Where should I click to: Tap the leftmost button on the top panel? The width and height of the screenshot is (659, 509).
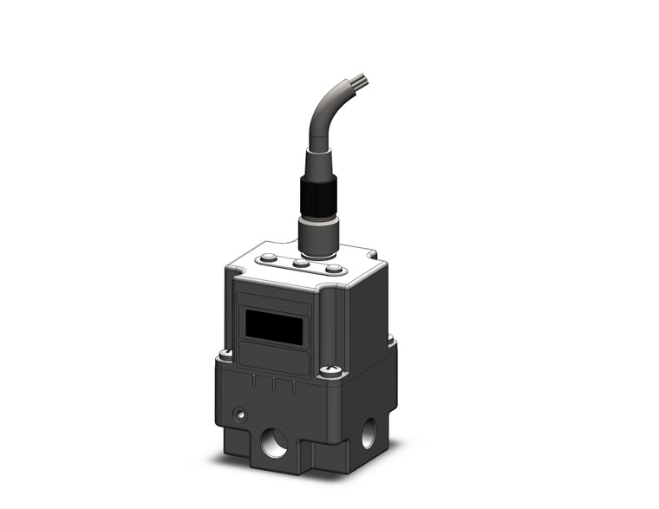pos(269,258)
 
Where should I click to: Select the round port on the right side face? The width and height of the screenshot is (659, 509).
pos(369,429)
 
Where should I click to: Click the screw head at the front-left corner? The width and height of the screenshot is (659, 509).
pos(225,354)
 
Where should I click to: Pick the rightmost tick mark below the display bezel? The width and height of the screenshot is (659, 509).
pos(294,388)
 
